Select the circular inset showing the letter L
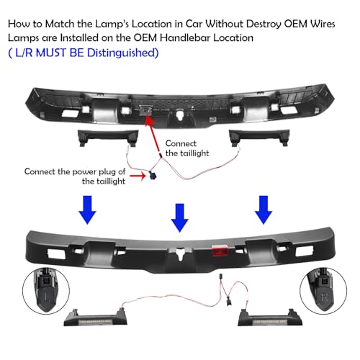46,295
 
